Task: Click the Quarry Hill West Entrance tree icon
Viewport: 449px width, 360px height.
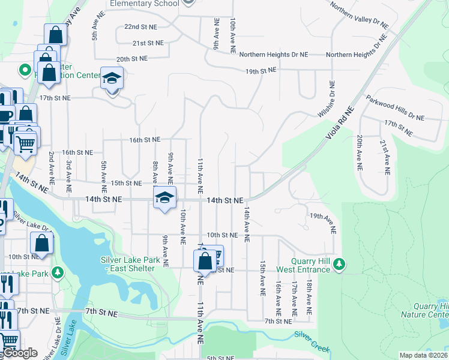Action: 340,265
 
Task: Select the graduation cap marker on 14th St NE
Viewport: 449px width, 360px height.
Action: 164,197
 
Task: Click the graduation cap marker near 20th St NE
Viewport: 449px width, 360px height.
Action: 112,79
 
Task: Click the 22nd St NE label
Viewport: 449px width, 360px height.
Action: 140,27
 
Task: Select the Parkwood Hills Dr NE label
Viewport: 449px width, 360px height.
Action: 395,112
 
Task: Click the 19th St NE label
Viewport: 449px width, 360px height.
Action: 261,71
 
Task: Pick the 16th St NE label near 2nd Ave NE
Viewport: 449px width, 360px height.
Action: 77,152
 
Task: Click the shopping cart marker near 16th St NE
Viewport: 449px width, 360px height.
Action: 25,142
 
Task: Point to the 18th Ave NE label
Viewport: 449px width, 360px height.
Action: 309,297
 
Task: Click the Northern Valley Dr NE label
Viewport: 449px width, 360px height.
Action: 360,15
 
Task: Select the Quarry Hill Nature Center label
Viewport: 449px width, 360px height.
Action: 431,310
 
